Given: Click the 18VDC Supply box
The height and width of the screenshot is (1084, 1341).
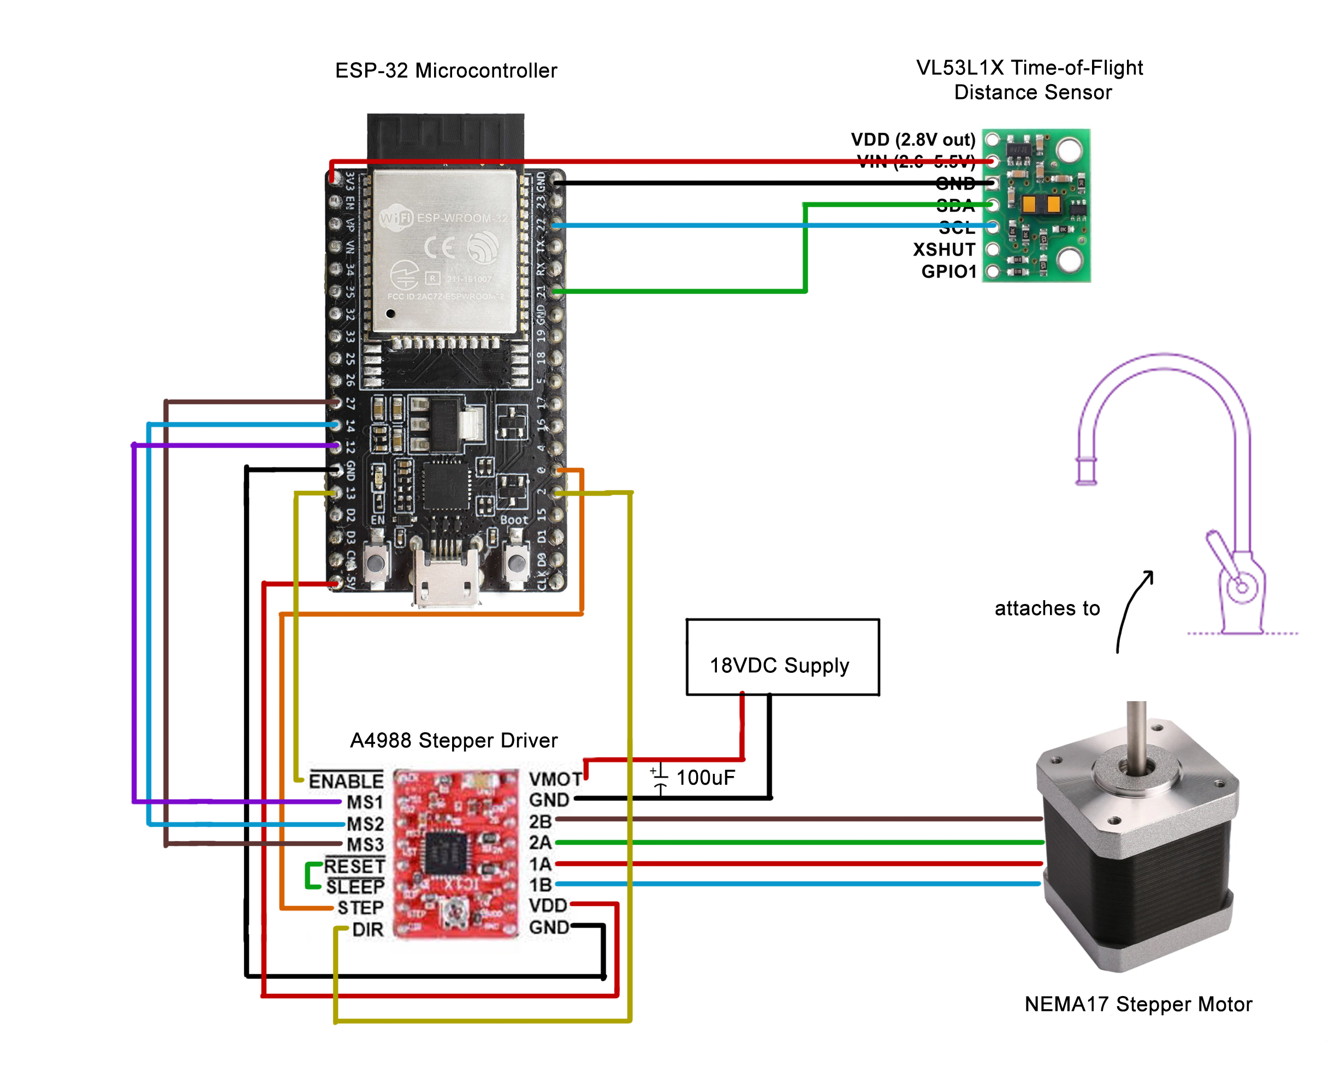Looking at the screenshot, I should click(x=782, y=657).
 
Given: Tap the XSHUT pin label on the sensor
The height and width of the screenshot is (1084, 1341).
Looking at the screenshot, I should click(x=944, y=250).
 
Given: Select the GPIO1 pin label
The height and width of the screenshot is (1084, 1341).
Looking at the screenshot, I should click(x=948, y=271).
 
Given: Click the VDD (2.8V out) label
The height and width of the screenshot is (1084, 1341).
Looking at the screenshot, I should click(x=913, y=139).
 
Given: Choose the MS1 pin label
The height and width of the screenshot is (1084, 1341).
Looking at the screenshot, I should click(x=365, y=802).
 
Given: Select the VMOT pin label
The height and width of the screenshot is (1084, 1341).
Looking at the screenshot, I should click(x=555, y=779).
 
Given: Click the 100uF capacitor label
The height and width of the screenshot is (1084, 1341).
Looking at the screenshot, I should click(x=705, y=778).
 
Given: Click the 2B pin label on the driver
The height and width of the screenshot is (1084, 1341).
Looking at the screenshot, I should click(x=540, y=822).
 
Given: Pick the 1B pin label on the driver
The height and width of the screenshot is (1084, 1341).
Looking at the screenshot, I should click(x=540, y=885).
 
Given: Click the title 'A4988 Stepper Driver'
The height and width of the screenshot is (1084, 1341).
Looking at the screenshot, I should click(x=453, y=741).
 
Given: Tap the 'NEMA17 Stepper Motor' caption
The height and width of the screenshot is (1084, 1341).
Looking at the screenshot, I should click(x=1137, y=1004).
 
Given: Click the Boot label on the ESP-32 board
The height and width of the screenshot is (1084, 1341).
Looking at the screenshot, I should click(x=514, y=519).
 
